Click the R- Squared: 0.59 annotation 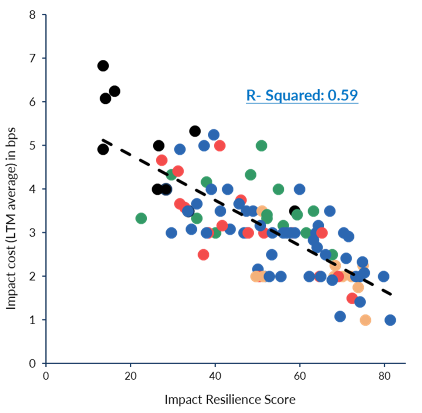tap(302, 96)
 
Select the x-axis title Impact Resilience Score tap(230, 399)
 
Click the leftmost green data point tap(141, 218)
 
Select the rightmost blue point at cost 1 tap(390, 320)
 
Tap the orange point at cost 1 tap(365, 320)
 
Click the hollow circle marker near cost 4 tap(167, 189)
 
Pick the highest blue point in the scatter tap(213, 135)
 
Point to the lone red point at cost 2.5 tap(203, 255)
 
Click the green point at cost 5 tap(261, 145)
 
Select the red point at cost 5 tap(219, 145)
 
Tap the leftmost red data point tap(161, 160)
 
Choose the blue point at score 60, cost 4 tap(300, 189)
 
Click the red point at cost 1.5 tap(352, 298)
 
